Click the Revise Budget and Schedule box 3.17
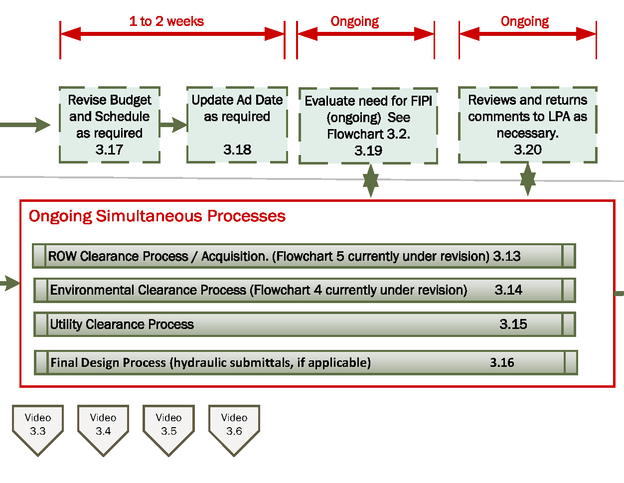tap(109, 125)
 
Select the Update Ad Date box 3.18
tap(237, 125)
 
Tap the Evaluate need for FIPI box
tap(368, 126)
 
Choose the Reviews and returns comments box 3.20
tap(527, 125)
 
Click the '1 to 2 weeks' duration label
tap(166, 21)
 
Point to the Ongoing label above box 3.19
tap(354, 21)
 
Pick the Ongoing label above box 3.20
tap(524, 21)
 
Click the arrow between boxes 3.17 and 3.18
tap(173, 125)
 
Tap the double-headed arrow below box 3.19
tap(370, 180)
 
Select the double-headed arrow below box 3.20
tap(528, 179)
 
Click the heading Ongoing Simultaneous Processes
tap(157, 216)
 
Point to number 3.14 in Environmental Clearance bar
tap(508, 290)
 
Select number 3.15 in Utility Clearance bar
tap(513, 324)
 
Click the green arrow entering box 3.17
tap(27, 125)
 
